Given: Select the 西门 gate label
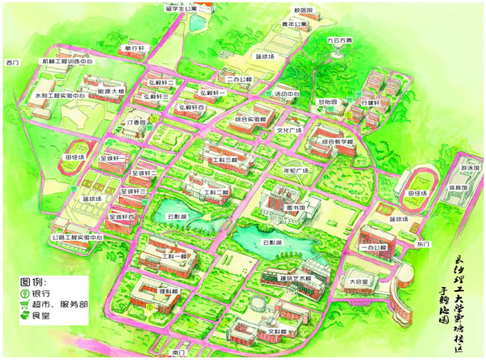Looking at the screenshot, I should point(11,62).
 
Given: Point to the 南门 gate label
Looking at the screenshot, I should point(179,354).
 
